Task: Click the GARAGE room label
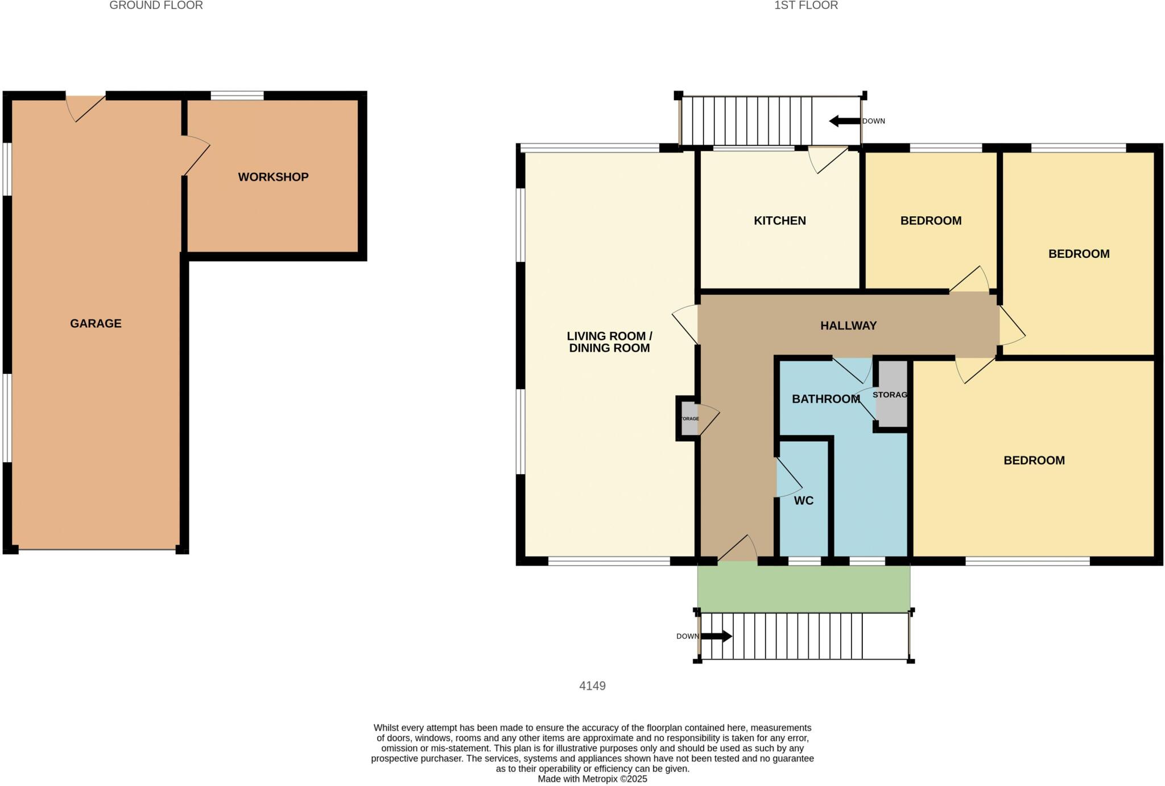click(x=96, y=323)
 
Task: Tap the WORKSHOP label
click(x=273, y=177)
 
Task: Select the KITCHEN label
click(x=779, y=221)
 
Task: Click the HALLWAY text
click(x=848, y=326)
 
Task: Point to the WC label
click(x=803, y=501)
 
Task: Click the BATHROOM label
click(x=825, y=399)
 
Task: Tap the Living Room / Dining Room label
click(x=609, y=342)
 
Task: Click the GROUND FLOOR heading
click(x=156, y=6)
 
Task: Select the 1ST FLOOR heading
click(x=805, y=6)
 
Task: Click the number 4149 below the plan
click(x=592, y=686)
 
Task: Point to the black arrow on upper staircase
click(x=845, y=121)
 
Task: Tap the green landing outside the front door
click(x=803, y=586)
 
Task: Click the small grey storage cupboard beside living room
click(x=689, y=419)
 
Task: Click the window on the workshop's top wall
click(x=237, y=96)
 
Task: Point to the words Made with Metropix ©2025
click(x=592, y=779)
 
